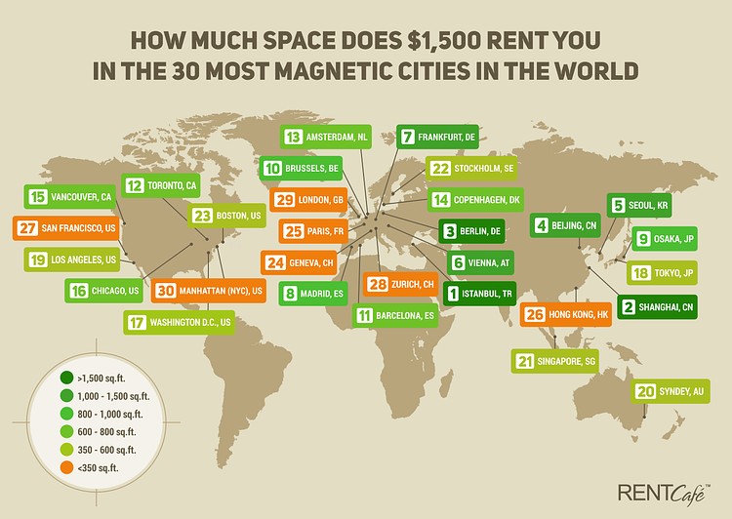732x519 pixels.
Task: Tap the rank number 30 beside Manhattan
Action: pos(166,291)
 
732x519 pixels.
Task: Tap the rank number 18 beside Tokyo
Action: pos(642,272)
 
